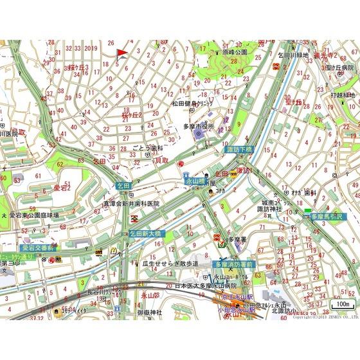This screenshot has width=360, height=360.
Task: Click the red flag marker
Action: (121, 53)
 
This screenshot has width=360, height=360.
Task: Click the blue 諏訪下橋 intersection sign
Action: (241, 149)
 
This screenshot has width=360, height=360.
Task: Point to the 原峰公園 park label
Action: (235, 52)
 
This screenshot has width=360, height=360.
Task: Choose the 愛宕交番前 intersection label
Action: (39, 248)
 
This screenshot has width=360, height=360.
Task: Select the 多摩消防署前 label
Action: (235, 264)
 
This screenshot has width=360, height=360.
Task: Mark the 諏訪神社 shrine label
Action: (269, 209)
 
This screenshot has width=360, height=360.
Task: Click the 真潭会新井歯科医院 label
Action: (131, 203)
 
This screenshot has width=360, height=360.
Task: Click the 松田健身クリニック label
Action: (192, 103)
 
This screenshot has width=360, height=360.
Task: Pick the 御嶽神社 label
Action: (150, 312)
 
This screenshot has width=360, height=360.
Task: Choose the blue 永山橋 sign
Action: (195, 182)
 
